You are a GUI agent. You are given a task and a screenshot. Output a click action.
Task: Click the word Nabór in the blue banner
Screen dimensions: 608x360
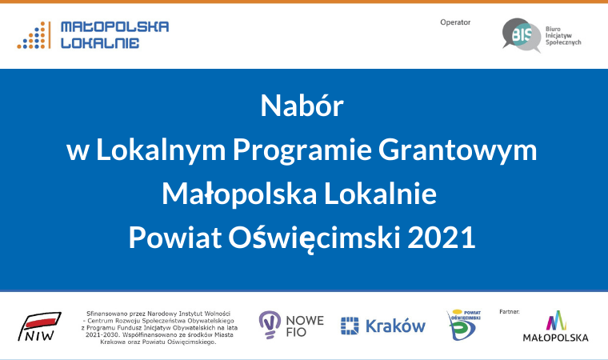(x=302, y=106)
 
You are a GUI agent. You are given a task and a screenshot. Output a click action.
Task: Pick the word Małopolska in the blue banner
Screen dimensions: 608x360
(x=239, y=194)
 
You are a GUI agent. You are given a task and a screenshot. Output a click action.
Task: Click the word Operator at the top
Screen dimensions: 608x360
(x=455, y=22)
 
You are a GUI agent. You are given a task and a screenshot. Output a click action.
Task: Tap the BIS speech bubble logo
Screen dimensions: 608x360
(x=521, y=35)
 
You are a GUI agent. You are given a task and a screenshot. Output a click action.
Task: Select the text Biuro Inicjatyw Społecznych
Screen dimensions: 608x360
(x=563, y=36)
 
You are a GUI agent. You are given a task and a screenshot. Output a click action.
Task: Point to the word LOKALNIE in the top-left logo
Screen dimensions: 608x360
(x=100, y=42)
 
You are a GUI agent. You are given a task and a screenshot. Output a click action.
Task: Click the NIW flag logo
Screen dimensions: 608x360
(x=39, y=326)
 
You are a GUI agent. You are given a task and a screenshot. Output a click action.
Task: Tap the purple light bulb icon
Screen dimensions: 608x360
(x=270, y=325)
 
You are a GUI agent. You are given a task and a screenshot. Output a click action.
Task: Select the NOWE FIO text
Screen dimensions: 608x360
(x=305, y=326)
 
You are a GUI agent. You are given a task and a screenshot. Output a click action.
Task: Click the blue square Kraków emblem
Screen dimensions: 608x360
(x=350, y=326)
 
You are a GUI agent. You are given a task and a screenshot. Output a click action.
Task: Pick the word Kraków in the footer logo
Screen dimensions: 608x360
(x=395, y=326)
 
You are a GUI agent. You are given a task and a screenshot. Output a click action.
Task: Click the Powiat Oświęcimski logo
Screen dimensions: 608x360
(x=463, y=325)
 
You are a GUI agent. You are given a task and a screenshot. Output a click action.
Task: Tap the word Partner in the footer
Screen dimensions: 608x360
(x=509, y=311)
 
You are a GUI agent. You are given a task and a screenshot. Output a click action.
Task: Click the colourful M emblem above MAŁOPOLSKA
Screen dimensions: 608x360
(x=556, y=321)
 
